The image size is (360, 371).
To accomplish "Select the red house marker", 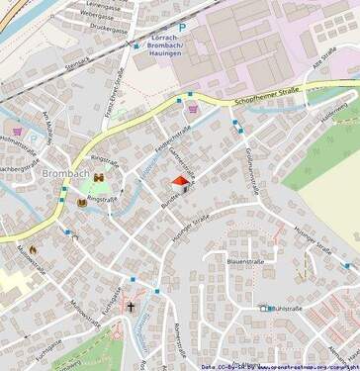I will (x=180, y=181).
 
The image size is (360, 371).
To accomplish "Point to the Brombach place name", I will (x=66, y=174).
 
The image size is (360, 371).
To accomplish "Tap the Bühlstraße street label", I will (x=282, y=309).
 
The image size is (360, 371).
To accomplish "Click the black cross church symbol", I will (x=130, y=309).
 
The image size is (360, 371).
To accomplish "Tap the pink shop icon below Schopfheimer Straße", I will (x=191, y=111).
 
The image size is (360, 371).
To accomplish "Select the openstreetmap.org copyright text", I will (x=302, y=365).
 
